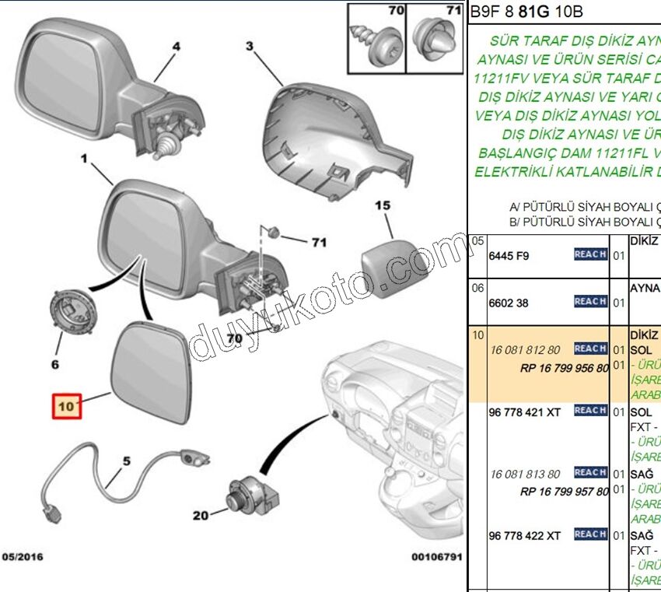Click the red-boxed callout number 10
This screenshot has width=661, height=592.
pos(65,405)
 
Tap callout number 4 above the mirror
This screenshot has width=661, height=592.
pos(176,46)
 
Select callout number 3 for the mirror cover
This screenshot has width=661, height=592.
pos(250,46)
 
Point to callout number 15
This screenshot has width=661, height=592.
pos(383,206)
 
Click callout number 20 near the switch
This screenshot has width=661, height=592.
pos(201,515)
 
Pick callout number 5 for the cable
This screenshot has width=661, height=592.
pos(125,460)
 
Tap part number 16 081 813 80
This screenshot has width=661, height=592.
pos(525,473)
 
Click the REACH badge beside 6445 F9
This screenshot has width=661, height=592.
pos(590,254)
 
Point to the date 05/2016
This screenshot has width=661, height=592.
pos(23,557)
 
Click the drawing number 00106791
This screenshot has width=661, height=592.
pos(438,557)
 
